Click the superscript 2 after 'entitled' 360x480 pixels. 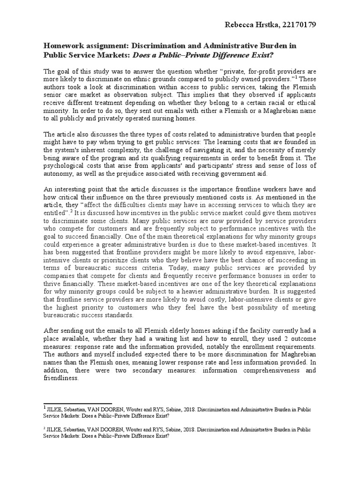71,211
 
